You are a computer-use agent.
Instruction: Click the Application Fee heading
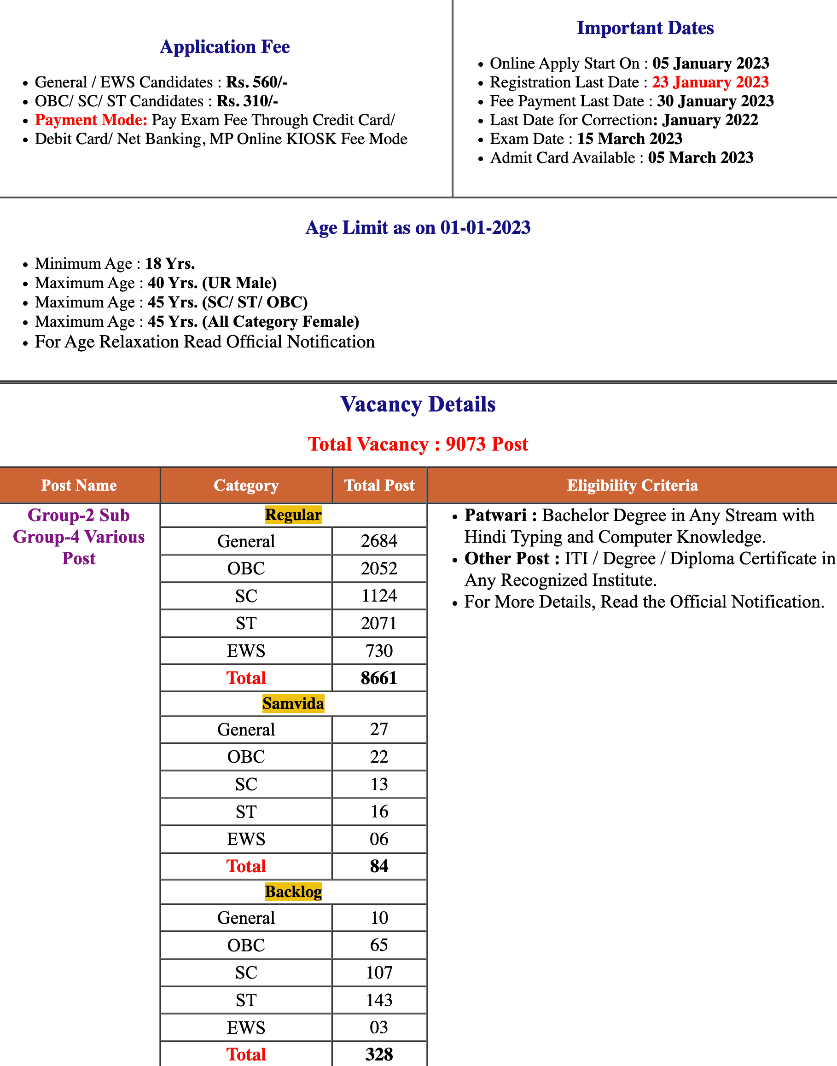(x=225, y=47)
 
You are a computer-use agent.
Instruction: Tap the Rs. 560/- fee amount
(x=256, y=82)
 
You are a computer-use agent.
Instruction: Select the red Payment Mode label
(x=91, y=120)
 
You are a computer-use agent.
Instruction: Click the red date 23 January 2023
(x=710, y=82)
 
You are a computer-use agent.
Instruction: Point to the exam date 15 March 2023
(x=630, y=139)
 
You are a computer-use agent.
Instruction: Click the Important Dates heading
(x=645, y=28)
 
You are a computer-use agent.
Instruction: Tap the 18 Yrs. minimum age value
(x=170, y=264)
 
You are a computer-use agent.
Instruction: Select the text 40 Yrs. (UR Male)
(x=212, y=283)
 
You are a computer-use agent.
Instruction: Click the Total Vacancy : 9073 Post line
(x=418, y=444)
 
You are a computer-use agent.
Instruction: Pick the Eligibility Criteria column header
(x=632, y=486)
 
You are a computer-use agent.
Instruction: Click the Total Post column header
(x=379, y=486)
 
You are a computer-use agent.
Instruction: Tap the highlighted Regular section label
(x=293, y=516)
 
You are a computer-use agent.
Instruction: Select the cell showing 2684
(x=379, y=541)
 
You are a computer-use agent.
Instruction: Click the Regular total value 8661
(x=379, y=678)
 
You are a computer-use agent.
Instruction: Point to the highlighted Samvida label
(x=293, y=704)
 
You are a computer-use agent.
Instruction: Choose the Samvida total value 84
(x=379, y=867)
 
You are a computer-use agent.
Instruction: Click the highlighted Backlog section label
(x=293, y=892)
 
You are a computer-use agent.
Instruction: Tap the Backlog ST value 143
(x=379, y=1000)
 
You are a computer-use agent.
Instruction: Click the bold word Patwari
(x=495, y=516)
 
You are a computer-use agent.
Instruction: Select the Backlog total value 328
(x=379, y=1054)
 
